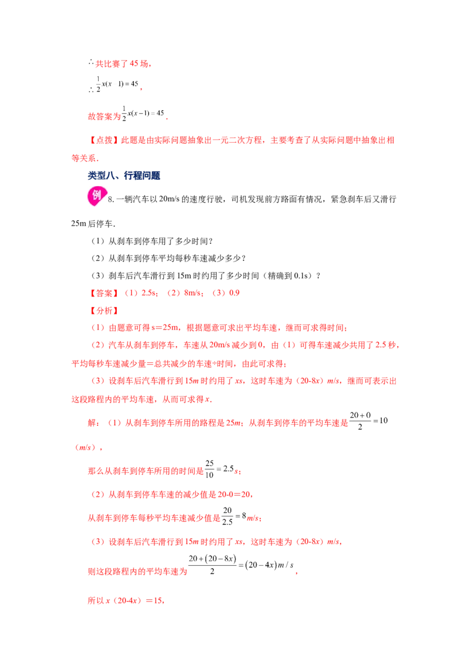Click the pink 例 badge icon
pyautogui.click(x=96, y=196)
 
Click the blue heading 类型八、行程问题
pyautogui.click(x=124, y=176)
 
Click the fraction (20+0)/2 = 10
pyautogui.click(x=368, y=421)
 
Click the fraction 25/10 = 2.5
pyautogui.click(x=219, y=469)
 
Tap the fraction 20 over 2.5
pyautogui.click(x=227, y=516)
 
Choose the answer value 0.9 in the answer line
pyautogui.click(x=234, y=293)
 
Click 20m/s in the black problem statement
pyautogui.click(x=169, y=199)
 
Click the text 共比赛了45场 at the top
pyautogui.click(x=121, y=63)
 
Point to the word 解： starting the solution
pyautogui.click(x=94, y=423)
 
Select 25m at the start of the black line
pyautogui.click(x=79, y=223)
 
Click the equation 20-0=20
pyautogui.click(x=235, y=494)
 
